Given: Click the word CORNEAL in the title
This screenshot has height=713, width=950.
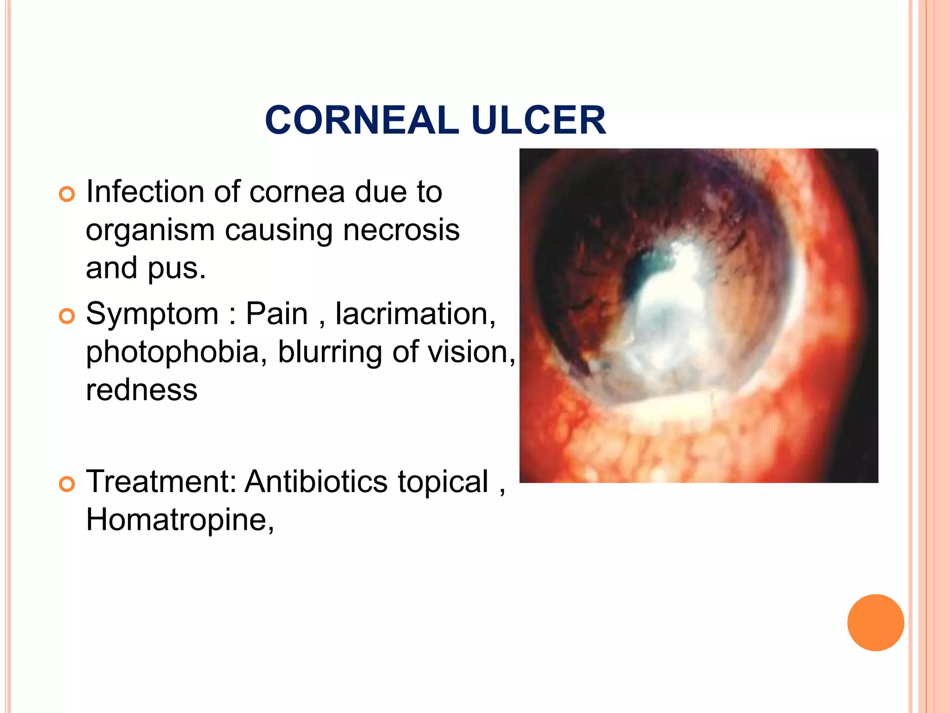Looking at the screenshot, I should point(362,120).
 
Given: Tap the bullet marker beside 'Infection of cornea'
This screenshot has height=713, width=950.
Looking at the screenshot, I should point(67,194).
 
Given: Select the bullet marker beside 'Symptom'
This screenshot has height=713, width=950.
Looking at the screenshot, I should point(67,316).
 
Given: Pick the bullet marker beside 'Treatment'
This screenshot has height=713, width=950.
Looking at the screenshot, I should point(67,484).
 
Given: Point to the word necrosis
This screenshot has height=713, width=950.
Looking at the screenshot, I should point(401,230).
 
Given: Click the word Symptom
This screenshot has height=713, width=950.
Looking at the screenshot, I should point(152,314).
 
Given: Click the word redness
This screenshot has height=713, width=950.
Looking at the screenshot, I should point(141,390).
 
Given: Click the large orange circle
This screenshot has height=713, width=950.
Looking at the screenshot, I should point(875,622).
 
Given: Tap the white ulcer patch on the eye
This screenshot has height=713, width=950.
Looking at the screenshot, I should point(668,306).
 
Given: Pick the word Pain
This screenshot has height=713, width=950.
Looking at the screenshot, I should point(276,314).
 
